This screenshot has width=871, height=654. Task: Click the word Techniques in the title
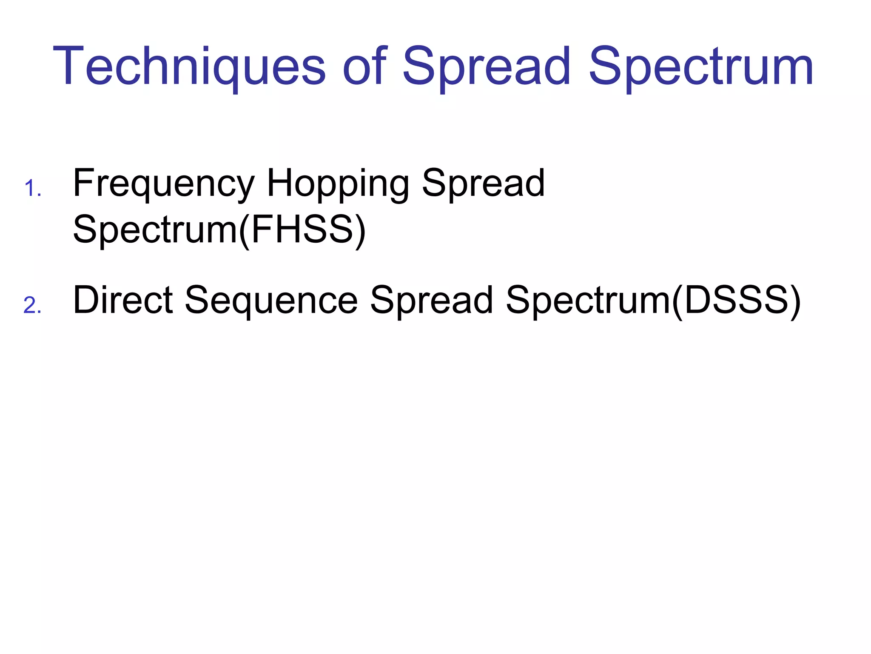click(189, 67)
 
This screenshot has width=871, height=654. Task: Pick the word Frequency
click(164, 184)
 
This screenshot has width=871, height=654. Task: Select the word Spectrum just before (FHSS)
click(155, 230)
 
